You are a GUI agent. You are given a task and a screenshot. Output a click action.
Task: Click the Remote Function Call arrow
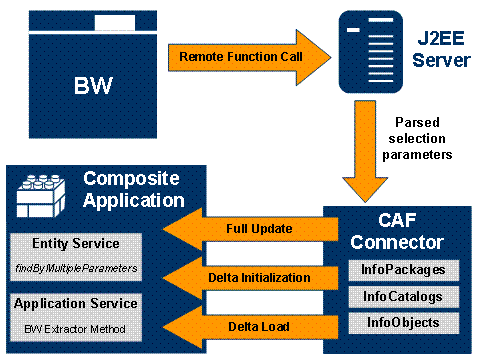coord(249,57)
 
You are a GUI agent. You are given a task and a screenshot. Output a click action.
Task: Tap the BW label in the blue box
coord(93,85)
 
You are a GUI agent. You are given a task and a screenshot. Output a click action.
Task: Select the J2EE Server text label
coord(441,49)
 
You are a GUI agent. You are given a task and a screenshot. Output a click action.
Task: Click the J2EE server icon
coord(371,52)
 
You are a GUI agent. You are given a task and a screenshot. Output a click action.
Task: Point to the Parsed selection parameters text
coord(417,138)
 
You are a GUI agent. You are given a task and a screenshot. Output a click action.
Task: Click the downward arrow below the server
coord(365,151)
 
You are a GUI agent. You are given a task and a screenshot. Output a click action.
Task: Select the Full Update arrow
coord(250,229)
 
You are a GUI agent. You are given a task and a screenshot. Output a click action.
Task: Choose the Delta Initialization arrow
coord(250,278)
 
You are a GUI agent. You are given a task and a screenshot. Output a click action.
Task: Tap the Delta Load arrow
coord(250,327)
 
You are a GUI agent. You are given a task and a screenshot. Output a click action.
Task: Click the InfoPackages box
coord(404,270)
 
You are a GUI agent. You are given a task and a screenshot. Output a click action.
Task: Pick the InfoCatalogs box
coord(404,297)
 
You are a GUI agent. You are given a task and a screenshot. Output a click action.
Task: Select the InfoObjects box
coord(404,323)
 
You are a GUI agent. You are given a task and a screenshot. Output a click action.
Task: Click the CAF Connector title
coord(397,231)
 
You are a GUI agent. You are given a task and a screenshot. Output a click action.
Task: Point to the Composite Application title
coord(133,190)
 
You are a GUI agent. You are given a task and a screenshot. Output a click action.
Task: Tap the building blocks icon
coord(41,196)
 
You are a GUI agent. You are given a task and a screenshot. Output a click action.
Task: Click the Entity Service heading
coord(76,243)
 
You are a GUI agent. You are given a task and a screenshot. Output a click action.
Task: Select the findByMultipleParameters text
coord(76,268)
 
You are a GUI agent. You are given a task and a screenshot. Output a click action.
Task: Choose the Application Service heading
coord(76,304)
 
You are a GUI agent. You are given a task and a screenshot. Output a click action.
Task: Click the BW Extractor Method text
coord(75,329)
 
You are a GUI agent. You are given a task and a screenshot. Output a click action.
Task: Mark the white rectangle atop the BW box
coord(115,23)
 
